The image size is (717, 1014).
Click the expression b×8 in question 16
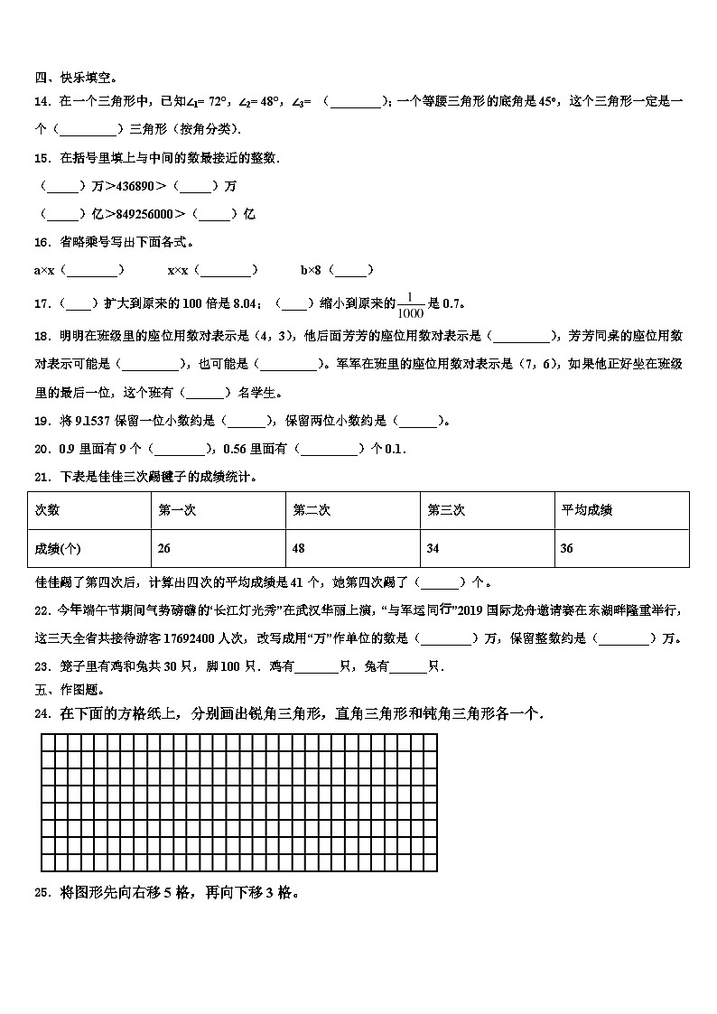312,269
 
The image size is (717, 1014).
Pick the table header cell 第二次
312,510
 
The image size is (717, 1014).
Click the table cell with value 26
163,548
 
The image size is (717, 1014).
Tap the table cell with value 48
299,548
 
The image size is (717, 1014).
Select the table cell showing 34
433,548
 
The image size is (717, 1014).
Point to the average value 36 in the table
567,548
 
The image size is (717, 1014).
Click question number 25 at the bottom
41,893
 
